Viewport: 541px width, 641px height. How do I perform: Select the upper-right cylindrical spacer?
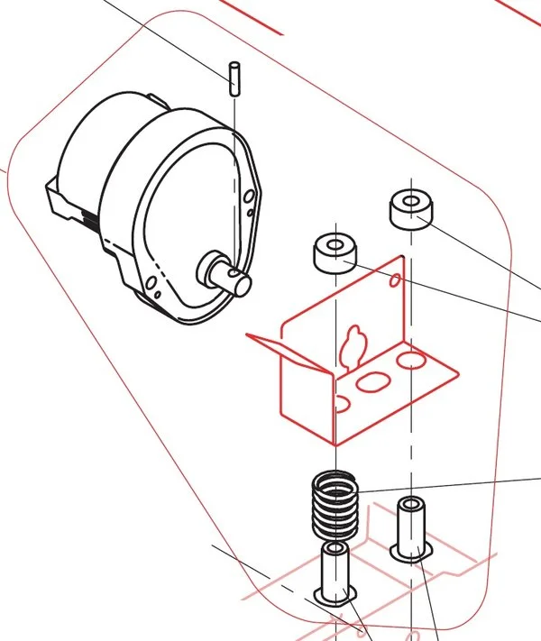pyautogui.click(x=411, y=209)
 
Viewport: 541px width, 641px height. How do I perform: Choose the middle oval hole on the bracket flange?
pyautogui.click(x=371, y=382)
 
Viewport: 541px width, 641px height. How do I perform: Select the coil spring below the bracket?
pyautogui.click(x=336, y=505)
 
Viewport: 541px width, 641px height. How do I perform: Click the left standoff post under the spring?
pyautogui.click(x=336, y=574)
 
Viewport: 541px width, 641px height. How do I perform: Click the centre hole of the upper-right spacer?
pyautogui.click(x=411, y=200)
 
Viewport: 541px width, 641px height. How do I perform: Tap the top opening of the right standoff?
pyautogui.click(x=411, y=503)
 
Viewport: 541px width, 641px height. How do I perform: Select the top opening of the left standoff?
pyautogui.click(x=336, y=549)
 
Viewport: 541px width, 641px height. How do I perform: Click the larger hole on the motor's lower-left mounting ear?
pyautogui.click(x=157, y=290)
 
